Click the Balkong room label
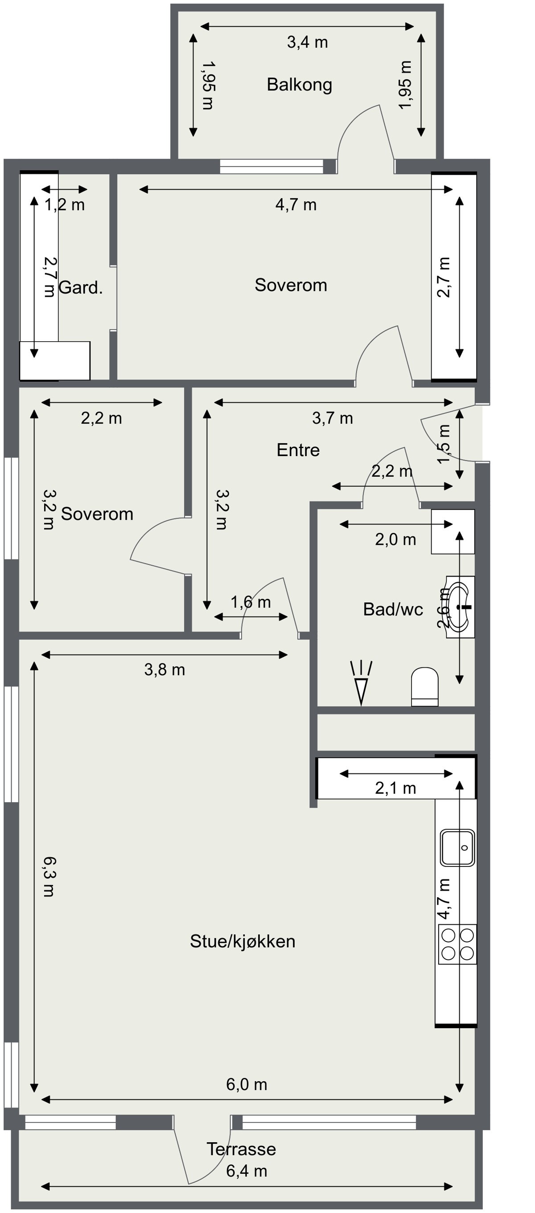coord(299,85)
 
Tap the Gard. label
coord(81,287)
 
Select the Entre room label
coord(298,450)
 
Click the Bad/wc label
coord(393,609)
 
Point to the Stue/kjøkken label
coord(242,941)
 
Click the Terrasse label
coord(241,1149)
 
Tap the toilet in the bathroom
coord(425,686)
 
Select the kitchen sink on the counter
coord(457,848)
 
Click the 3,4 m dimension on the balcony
coord(307,42)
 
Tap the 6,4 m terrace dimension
coord(247,1171)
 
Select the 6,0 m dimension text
coord(247,1085)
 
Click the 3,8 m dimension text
coord(165,670)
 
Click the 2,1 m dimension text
coord(395,788)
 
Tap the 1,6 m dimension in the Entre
coord(250,602)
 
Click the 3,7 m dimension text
coord(332,418)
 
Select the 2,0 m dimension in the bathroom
coord(395,539)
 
